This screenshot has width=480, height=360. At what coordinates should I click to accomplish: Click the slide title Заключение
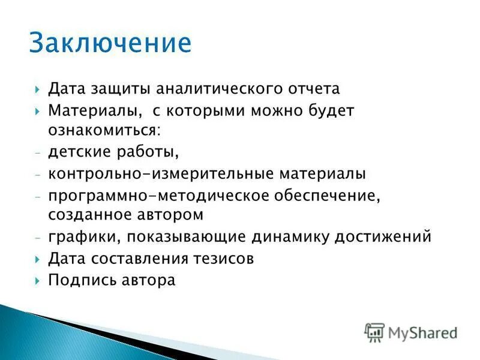tap(110, 44)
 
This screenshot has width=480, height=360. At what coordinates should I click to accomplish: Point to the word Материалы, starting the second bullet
tap(95, 110)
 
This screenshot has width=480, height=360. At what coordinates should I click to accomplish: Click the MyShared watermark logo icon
tap(374, 332)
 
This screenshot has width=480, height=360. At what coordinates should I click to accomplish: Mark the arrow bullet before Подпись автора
tap(38, 280)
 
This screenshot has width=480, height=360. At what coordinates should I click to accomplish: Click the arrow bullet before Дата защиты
tap(38, 89)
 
